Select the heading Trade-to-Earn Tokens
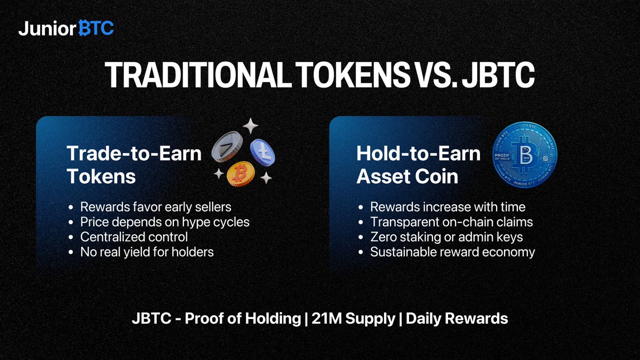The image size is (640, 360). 134,165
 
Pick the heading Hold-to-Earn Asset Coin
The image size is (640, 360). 418,165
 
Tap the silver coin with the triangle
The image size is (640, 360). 227,146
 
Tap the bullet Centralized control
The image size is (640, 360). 133,237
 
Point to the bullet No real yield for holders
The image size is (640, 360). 147,252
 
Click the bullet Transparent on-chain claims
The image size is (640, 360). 451,222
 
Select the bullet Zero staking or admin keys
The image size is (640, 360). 446,237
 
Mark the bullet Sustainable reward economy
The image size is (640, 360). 452,252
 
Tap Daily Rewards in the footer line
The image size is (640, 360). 457,319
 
